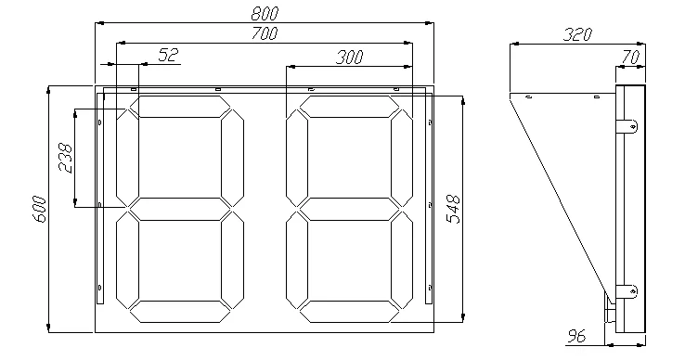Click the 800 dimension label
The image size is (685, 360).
(265, 14)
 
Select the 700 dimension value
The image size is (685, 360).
(265, 33)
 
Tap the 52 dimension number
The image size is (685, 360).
(169, 55)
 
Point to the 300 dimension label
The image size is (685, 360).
(350, 57)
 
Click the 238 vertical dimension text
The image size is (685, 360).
(66, 158)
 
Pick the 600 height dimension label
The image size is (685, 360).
(39, 209)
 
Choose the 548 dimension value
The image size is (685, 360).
(454, 210)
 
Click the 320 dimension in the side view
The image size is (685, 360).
(577, 34)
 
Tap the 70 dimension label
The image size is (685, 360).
(630, 57)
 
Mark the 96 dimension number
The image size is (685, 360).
(576, 336)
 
